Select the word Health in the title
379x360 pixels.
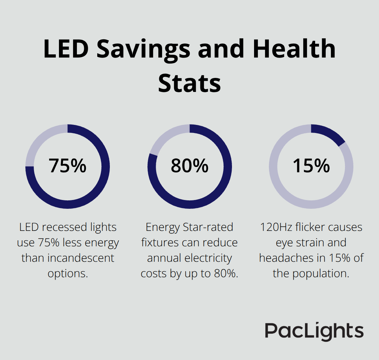click(x=294, y=49)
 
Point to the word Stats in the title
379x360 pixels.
click(x=189, y=83)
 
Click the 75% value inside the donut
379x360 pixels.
click(x=68, y=166)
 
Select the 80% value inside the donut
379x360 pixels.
click(x=189, y=166)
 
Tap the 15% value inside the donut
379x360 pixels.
click(x=311, y=166)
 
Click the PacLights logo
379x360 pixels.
click(x=314, y=331)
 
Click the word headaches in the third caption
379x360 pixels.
click(x=288, y=258)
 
